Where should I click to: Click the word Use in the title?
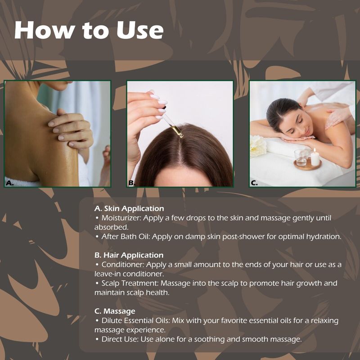click(x=140, y=30)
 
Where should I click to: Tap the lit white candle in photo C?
click(x=315, y=157)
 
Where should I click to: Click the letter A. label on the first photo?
click(x=9, y=183)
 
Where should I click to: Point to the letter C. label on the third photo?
click(x=254, y=183)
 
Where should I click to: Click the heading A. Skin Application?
click(x=129, y=208)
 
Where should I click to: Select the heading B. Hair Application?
click(x=129, y=255)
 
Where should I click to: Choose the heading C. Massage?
click(x=115, y=311)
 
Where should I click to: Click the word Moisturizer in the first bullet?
click(x=121, y=218)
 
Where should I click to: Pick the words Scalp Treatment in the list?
click(x=130, y=283)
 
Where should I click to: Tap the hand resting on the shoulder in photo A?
click(x=70, y=130)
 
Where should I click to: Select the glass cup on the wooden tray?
click(x=302, y=157)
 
